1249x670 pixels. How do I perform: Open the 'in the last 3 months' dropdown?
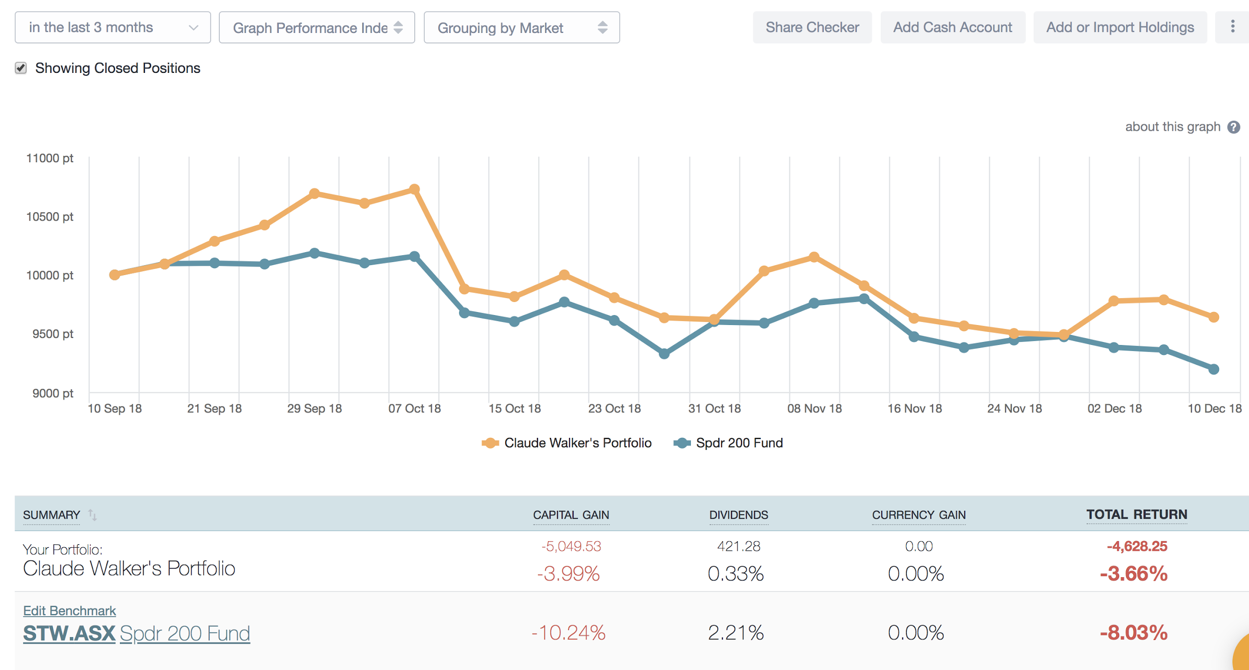(x=112, y=27)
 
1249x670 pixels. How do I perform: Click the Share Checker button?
(x=812, y=27)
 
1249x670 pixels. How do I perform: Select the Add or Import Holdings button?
(x=1120, y=27)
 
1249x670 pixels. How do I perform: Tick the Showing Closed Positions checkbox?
(x=20, y=68)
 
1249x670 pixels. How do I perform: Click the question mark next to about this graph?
(x=1234, y=127)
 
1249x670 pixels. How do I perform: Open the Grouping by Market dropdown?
(x=521, y=27)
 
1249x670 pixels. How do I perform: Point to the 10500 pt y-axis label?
(x=49, y=217)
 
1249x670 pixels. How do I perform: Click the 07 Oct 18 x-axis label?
(x=414, y=408)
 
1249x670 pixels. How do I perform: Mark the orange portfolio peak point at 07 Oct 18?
(x=414, y=189)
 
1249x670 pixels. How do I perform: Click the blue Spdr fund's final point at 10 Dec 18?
(x=1214, y=369)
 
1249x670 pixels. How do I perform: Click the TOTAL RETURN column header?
(x=1137, y=514)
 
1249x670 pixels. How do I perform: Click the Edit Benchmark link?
(x=69, y=611)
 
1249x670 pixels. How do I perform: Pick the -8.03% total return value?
(x=1133, y=633)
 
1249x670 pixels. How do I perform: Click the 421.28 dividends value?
(x=738, y=546)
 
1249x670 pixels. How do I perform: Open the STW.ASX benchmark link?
(x=69, y=633)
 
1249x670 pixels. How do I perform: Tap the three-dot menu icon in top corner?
(x=1233, y=26)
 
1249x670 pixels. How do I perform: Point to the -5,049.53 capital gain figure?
(x=571, y=546)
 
